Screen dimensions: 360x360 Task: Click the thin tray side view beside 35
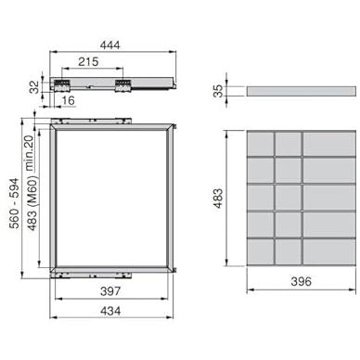[x=302, y=91]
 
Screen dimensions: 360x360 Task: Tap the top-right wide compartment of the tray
[x=328, y=143]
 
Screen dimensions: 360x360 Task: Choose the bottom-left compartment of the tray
[x=260, y=253]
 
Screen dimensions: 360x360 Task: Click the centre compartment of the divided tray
[x=288, y=199]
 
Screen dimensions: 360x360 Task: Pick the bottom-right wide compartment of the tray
[x=328, y=253]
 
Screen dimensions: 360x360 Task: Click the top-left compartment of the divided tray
[x=260, y=143]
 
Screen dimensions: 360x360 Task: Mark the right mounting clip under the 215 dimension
[x=121, y=84]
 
